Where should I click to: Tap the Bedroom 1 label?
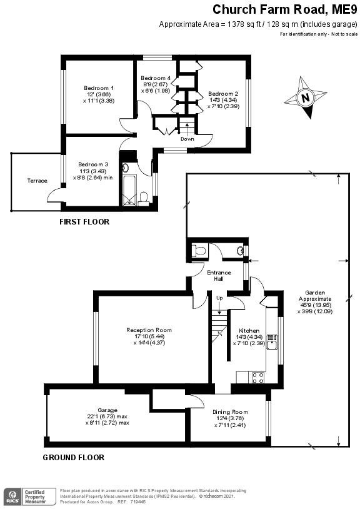(x=99, y=88)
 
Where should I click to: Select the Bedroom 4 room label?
(x=157, y=78)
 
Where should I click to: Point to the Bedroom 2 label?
(x=223, y=93)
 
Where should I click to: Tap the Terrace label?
(x=37, y=181)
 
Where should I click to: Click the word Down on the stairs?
(x=187, y=139)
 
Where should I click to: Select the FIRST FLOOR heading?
(x=84, y=222)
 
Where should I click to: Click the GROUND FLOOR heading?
(x=73, y=457)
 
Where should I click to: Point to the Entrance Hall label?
(x=219, y=275)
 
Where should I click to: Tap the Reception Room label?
(x=149, y=330)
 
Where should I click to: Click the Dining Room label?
(x=231, y=412)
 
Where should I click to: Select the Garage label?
(x=107, y=410)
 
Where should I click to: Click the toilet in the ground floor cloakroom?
(x=199, y=250)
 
